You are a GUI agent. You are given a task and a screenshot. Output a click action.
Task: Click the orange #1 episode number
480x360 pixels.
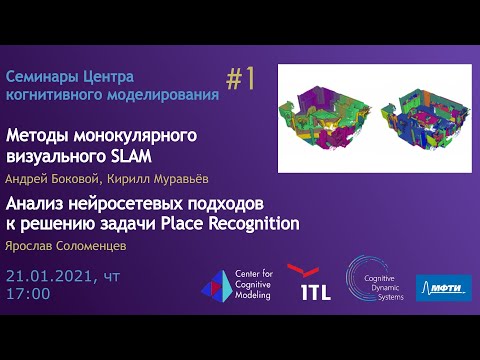(241, 79)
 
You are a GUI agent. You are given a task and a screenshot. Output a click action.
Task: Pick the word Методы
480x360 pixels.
(39, 134)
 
